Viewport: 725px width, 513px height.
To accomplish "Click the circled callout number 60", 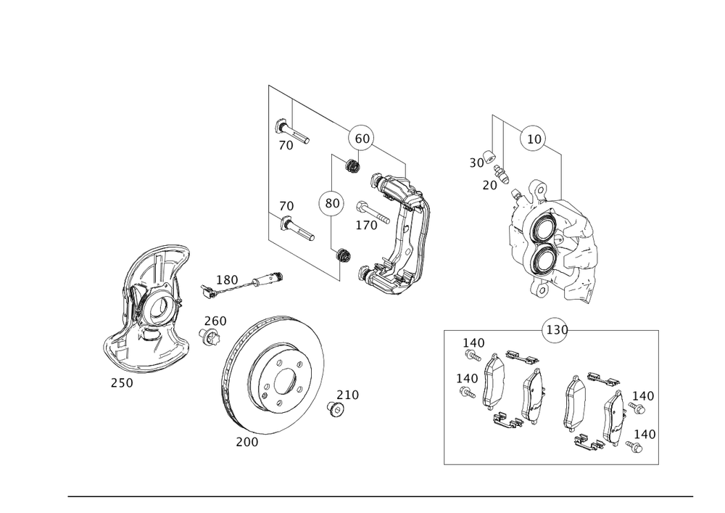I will pyautogui.click(x=362, y=138).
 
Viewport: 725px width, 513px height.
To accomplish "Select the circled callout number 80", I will pyautogui.click(x=331, y=204).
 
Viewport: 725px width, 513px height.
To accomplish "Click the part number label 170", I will pyautogui.click(x=366, y=226).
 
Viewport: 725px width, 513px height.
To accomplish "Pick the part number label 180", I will pyautogui.click(x=227, y=279).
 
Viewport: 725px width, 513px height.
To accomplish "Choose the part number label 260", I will pyautogui.click(x=215, y=321).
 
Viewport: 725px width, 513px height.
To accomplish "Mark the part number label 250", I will pyautogui.click(x=122, y=382).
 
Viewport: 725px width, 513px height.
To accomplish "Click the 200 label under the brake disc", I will pyautogui.click(x=246, y=441).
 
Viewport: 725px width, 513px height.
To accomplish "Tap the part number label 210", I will pyautogui.click(x=348, y=395).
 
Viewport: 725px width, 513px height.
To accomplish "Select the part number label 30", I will pyautogui.click(x=476, y=163).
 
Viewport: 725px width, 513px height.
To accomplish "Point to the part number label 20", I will pyautogui.click(x=490, y=185).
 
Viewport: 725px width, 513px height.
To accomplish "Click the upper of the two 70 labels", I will pyautogui.click(x=286, y=145).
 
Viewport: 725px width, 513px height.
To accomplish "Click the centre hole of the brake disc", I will pyautogui.click(x=284, y=379).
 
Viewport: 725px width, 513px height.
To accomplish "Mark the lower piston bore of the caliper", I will pyautogui.click(x=544, y=256).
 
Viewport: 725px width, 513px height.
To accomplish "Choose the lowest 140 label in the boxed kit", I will pyautogui.click(x=644, y=433).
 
